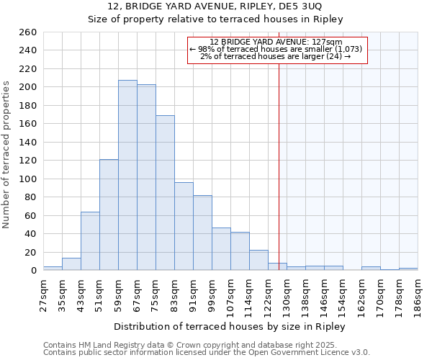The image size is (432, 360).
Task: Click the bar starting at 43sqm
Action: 90,240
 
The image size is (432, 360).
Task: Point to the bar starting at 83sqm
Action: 184,226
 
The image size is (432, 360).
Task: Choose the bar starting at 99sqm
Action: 221,248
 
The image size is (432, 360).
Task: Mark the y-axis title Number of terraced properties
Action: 6,154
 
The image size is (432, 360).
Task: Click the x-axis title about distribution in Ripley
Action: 230,326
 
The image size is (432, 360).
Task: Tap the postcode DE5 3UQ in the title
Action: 302,6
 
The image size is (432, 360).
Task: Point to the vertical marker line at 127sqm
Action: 279,166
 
